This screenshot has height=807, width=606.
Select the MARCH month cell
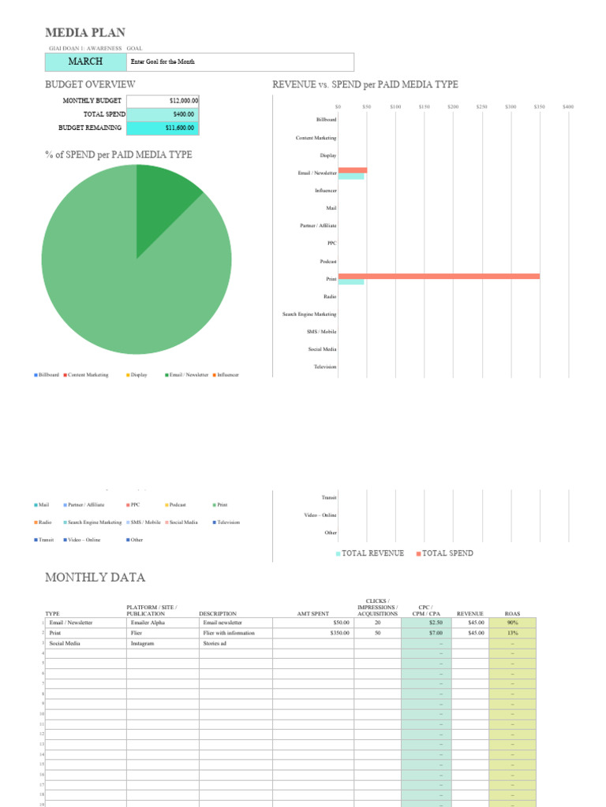click(x=85, y=61)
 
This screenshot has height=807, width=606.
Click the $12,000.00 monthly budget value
click(x=163, y=101)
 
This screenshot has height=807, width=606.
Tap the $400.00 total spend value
click(x=163, y=114)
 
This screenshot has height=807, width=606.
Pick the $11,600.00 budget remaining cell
click(x=163, y=128)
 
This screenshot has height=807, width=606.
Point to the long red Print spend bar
click(x=439, y=276)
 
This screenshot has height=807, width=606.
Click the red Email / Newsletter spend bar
click(x=353, y=170)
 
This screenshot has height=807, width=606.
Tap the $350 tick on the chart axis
click(x=540, y=106)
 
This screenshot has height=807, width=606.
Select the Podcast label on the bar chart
click(x=327, y=261)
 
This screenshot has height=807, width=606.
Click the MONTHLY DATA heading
click(x=95, y=578)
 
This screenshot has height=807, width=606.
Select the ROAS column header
click(x=512, y=613)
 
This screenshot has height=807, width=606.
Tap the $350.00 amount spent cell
click(x=313, y=633)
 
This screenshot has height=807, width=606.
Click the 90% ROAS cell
click(x=512, y=623)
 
